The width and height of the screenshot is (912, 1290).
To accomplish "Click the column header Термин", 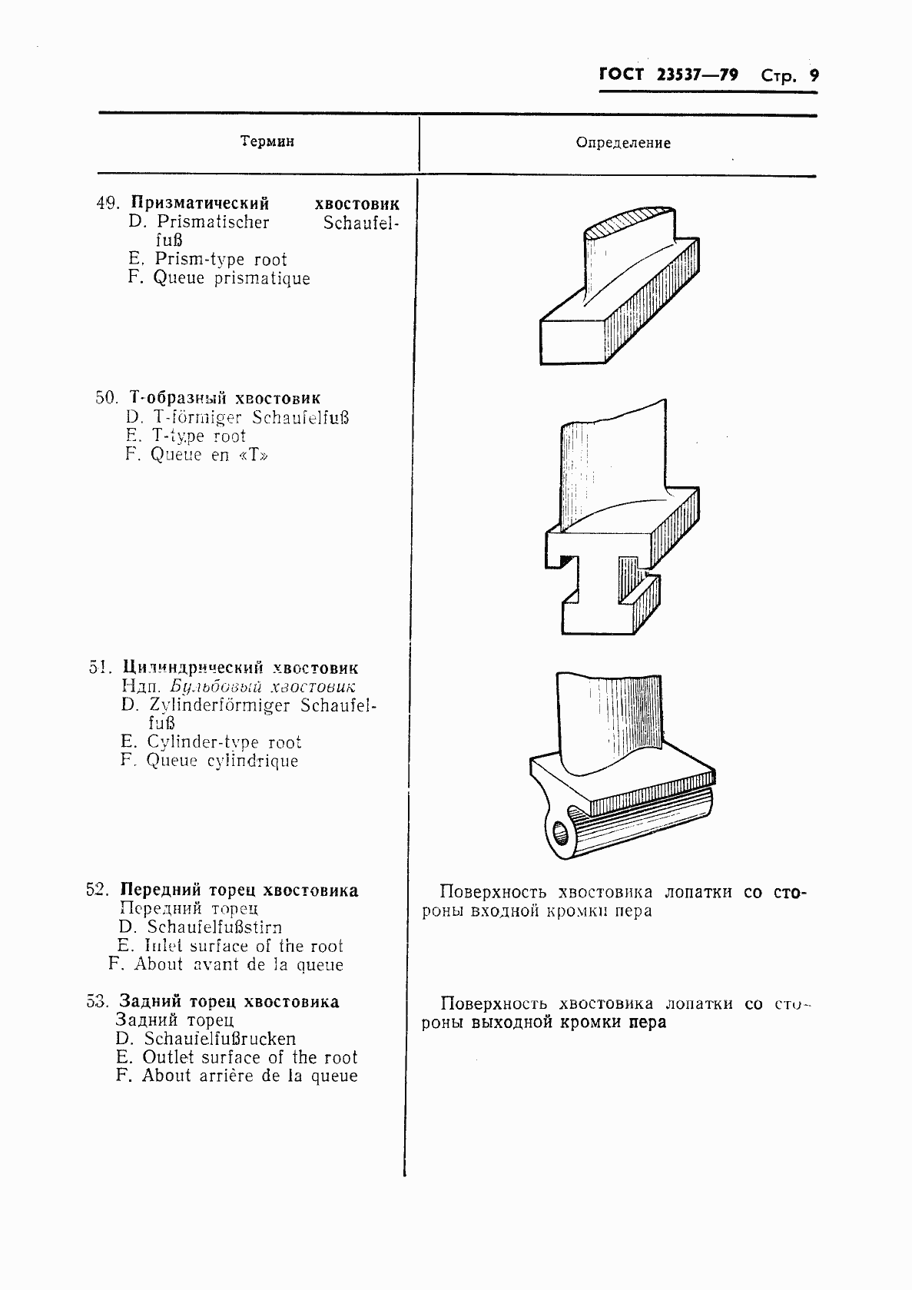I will [x=267, y=141].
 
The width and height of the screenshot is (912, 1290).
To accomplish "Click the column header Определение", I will [x=622, y=143].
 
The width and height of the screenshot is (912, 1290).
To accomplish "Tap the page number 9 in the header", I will [x=813, y=75].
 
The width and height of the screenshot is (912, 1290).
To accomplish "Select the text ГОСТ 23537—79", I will [x=668, y=75].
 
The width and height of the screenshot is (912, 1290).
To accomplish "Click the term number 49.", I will [x=107, y=204].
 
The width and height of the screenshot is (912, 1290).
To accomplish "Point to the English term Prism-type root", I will [x=221, y=260].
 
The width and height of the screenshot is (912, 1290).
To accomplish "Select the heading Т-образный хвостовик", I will [x=224, y=399].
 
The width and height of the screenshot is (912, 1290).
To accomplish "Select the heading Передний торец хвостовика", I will [x=239, y=890].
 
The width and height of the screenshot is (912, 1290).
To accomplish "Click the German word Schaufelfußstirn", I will [x=214, y=927].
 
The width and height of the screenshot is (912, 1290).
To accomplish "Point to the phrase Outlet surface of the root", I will [x=250, y=1057].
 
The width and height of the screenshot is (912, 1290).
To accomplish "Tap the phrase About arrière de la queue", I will [x=250, y=1076].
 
